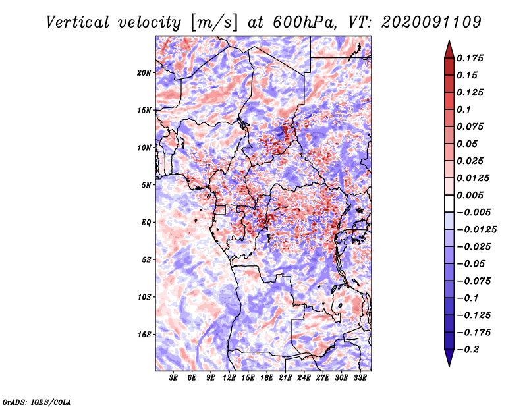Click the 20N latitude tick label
(144, 72)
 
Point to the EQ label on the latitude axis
(146, 223)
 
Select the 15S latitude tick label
(144, 335)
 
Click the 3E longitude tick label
(174, 378)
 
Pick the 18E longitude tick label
(267, 378)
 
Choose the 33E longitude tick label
(360, 378)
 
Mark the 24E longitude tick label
(304, 378)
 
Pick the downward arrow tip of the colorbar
(449, 364)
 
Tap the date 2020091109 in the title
(426, 22)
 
